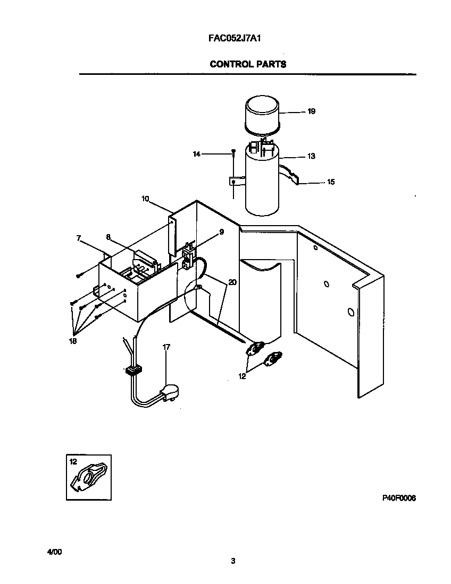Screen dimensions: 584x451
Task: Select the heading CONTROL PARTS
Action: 248,64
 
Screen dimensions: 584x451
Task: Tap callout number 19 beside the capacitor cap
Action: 311,111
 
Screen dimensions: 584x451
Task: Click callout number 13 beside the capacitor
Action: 311,156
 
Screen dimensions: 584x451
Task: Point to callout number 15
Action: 330,182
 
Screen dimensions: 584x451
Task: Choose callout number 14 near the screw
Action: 197,154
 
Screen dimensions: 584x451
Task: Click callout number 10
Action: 145,199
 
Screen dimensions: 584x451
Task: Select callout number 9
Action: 221,232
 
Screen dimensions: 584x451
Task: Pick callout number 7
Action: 79,239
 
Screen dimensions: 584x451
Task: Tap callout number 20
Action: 232,282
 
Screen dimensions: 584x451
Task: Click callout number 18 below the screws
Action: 72,341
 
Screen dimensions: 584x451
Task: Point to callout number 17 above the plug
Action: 166,347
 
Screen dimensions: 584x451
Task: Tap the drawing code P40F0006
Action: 398,498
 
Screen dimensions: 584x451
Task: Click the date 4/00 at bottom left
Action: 55,552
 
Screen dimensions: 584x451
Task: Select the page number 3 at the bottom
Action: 233,561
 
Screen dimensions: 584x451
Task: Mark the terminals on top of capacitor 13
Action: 262,146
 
